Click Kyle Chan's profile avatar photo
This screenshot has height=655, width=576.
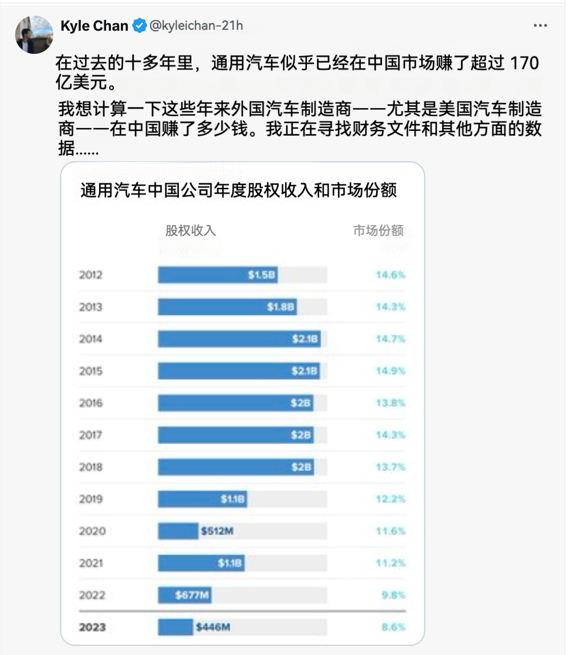pyautogui.click(x=34, y=34)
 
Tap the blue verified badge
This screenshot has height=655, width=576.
pyautogui.click(x=139, y=26)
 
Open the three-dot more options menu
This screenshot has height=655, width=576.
pyautogui.click(x=540, y=26)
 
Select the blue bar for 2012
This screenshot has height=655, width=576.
pyautogui.click(x=217, y=275)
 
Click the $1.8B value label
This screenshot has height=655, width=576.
pyautogui.click(x=280, y=307)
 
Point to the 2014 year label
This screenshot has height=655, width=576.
pyautogui.click(x=90, y=339)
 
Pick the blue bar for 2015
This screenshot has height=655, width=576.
pyautogui.click(x=239, y=371)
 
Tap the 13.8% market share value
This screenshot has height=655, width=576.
pyautogui.click(x=390, y=403)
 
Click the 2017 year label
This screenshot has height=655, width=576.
pyautogui.click(x=90, y=435)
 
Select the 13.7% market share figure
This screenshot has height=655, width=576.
pyautogui.click(x=390, y=467)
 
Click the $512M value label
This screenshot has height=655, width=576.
pyautogui.click(x=217, y=531)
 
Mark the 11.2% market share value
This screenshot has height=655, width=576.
pyautogui.click(x=390, y=563)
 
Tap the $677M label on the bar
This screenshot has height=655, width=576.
pyautogui.click(x=192, y=595)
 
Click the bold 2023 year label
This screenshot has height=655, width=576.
pyautogui.click(x=92, y=627)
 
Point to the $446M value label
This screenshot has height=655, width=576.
pyautogui.click(x=213, y=627)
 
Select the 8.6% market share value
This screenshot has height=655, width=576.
pyautogui.click(x=393, y=627)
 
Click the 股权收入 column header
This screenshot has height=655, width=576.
pyautogui.click(x=190, y=231)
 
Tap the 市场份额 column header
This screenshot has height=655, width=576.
pyautogui.click(x=378, y=231)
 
